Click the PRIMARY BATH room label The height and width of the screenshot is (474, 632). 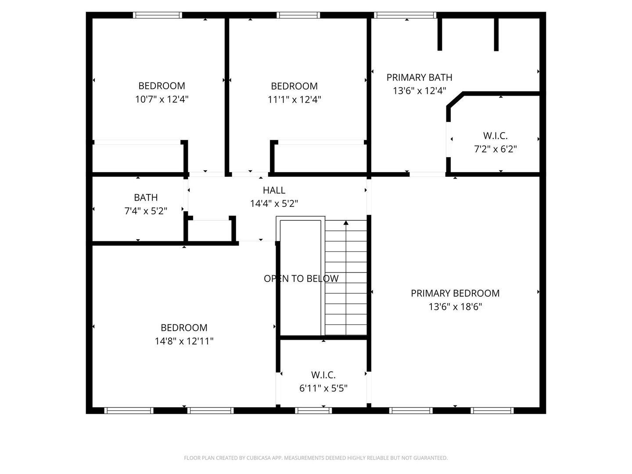tap(419, 77)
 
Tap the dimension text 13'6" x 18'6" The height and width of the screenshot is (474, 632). tap(455, 307)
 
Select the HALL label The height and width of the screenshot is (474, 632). tap(274, 190)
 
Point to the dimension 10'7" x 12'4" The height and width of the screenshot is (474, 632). tap(162, 99)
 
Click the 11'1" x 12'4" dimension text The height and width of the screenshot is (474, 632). tap(294, 100)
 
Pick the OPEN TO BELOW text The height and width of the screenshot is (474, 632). tap(301, 279)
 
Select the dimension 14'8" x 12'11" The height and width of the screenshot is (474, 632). tap(184, 341)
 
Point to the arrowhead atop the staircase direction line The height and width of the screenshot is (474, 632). tap(346, 223)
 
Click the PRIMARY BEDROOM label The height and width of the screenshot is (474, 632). tap(455, 293)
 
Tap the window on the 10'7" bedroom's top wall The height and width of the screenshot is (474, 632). tap(158, 15)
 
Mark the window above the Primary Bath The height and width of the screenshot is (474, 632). tap(405, 15)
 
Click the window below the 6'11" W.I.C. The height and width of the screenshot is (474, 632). tap(313, 410)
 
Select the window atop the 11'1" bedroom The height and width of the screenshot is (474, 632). tap(298, 15)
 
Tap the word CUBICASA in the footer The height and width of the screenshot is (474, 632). tap(258, 458)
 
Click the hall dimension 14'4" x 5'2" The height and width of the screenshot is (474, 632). tap(274, 204)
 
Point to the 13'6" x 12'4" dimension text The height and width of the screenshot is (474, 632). tap(419, 91)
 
